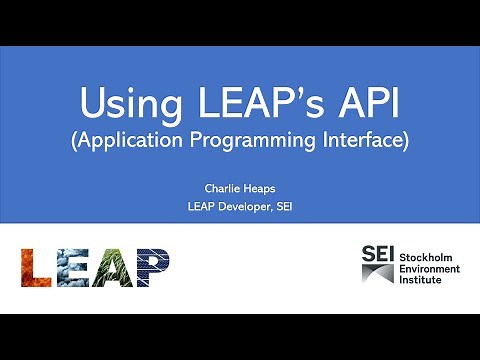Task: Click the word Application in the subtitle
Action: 132,141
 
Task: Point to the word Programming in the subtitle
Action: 255,141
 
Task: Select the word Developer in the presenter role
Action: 244,207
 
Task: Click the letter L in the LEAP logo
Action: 39,267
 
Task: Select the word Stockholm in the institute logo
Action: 429,257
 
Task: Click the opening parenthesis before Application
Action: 74,141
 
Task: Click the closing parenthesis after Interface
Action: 406,141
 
